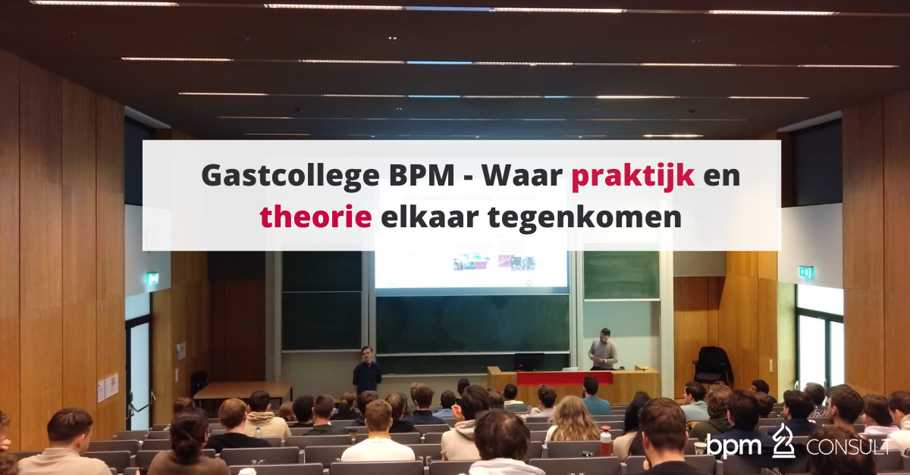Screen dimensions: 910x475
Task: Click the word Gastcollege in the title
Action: click(x=290, y=176)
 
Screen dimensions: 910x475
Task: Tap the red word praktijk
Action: click(x=633, y=176)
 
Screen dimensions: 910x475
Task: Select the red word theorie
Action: click(x=315, y=217)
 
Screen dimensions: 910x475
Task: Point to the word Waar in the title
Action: click(x=522, y=176)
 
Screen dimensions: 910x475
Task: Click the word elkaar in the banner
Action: click(x=429, y=217)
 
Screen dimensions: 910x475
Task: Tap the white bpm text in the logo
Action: click(x=734, y=445)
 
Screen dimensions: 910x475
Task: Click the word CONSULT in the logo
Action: click(x=849, y=446)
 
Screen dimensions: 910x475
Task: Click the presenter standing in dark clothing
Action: click(x=367, y=370)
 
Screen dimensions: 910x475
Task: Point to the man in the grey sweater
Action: click(x=603, y=349)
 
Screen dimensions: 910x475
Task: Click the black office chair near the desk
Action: click(x=712, y=365)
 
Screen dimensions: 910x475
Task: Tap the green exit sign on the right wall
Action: click(x=805, y=272)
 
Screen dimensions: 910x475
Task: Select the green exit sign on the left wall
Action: click(x=152, y=278)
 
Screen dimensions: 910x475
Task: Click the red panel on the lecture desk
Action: click(x=565, y=378)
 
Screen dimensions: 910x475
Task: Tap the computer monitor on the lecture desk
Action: click(x=529, y=361)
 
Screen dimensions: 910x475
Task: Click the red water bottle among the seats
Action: click(x=605, y=441)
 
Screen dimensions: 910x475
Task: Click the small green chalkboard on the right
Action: click(x=621, y=275)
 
